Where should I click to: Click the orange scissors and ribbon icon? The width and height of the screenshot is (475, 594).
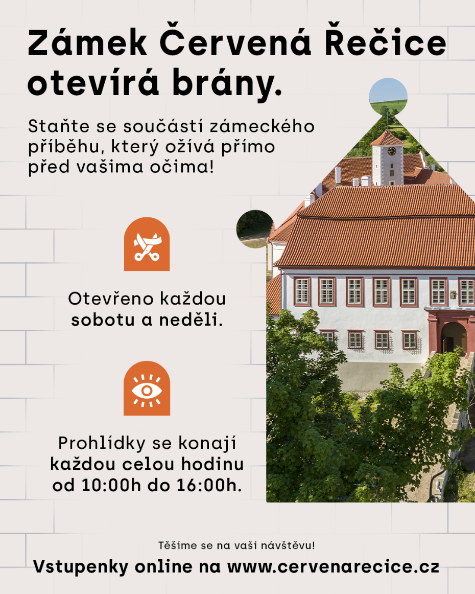(147, 244)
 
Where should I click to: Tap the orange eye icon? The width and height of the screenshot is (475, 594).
(147, 389)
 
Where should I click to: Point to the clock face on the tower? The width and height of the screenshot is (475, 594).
(392, 151)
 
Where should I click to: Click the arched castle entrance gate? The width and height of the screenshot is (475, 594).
(454, 337)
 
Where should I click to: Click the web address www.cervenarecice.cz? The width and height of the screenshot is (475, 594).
(333, 567)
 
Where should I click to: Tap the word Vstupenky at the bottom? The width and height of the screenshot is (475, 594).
(81, 567)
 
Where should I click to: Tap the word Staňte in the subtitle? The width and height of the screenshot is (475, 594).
(59, 126)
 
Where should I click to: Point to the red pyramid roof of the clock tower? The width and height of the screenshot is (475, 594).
(387, 139)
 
